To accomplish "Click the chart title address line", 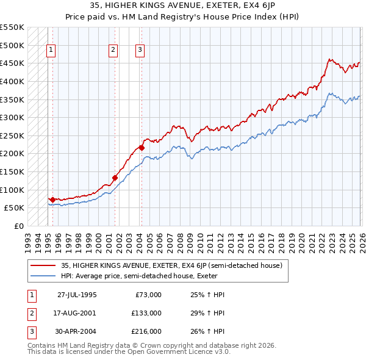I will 183,4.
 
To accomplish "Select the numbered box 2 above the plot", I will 113,51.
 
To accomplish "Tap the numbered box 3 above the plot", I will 140,51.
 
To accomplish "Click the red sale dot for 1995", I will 53,200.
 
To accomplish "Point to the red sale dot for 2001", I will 115,178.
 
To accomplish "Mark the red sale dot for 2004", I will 142,148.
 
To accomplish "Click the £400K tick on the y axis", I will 12,81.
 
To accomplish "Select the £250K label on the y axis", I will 12,135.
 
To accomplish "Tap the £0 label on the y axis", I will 18,226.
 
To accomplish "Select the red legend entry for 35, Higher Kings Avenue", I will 171,266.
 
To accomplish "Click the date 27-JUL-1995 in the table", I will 77,294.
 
